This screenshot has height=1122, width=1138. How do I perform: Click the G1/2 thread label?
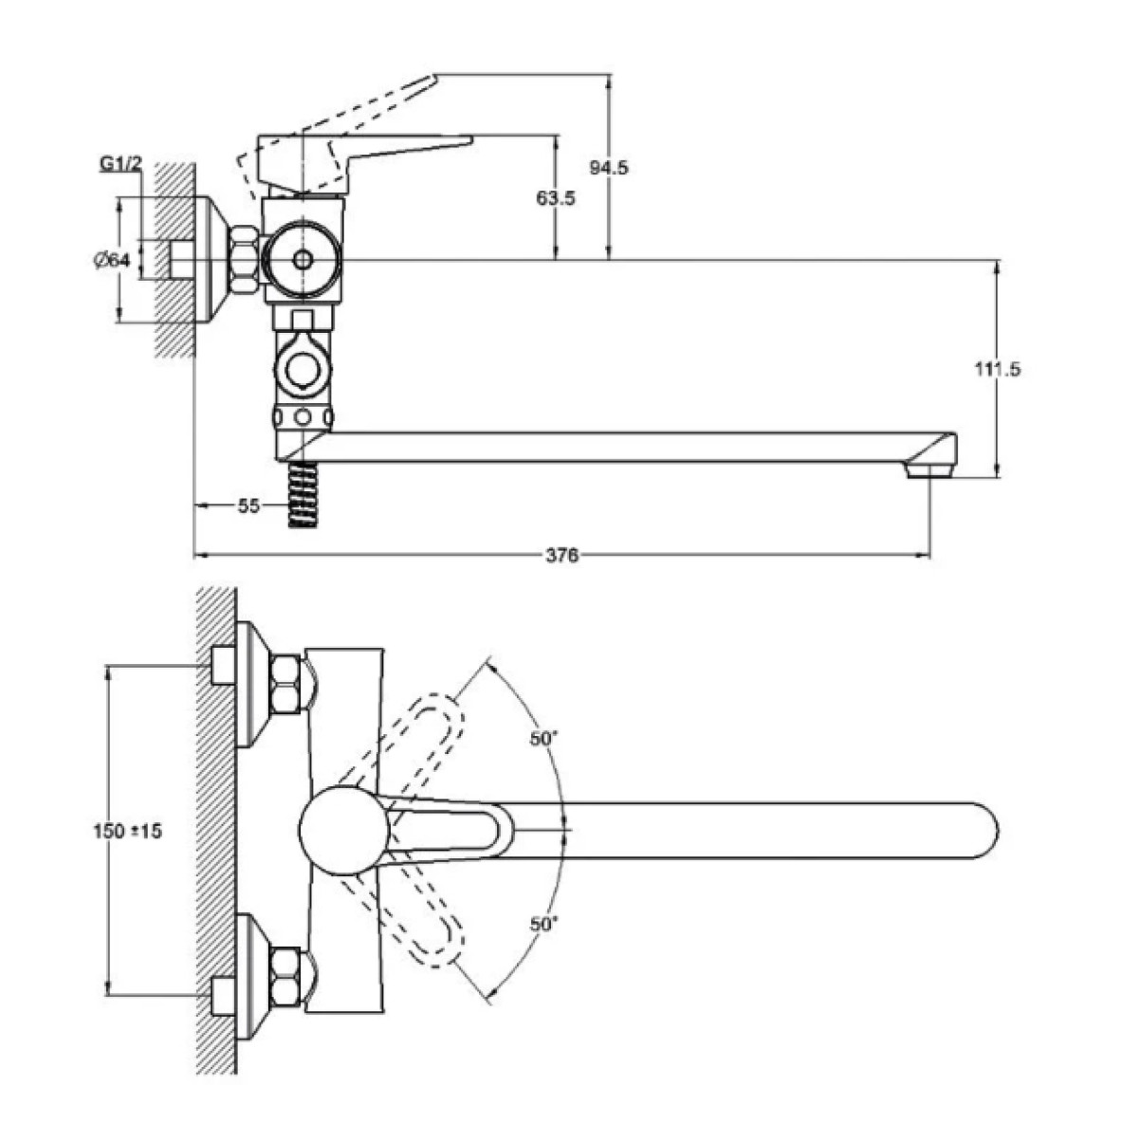pyautogui.click(x=120, y=165)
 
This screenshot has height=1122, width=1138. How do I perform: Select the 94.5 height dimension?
pyautogui.click(x=609, y=168)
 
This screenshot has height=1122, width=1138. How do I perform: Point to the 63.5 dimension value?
pyautogui.click(x=555, y=198)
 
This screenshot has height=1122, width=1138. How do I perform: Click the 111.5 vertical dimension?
pyautogui.click(x=997, y=369)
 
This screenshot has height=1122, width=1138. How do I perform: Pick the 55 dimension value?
pyautogui.click(x=248, y=506)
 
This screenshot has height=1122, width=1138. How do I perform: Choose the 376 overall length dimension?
pyautogui.click(x=561, y=556)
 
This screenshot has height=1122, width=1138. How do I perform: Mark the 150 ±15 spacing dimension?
pyautogui.click(x=128, y=831)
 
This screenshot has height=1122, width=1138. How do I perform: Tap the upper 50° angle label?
pyautogui.click(x=543, y=739)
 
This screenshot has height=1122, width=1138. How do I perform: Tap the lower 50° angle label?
pyautogui.click(x=543, y=924)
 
